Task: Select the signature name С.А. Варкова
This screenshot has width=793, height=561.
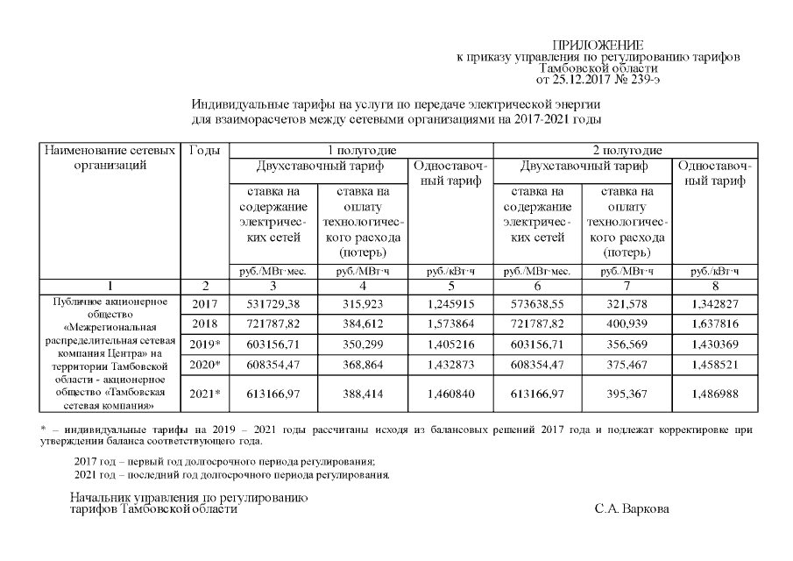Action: (629, 509)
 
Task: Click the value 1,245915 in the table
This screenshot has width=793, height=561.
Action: (450, 304)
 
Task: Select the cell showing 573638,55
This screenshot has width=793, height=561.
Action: (537, 304)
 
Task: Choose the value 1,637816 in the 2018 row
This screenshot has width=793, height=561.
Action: (714, 323)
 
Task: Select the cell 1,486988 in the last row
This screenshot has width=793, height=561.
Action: (714, 394)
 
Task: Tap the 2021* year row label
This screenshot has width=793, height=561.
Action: (204, 394)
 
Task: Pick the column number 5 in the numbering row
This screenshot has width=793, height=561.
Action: (450, 286)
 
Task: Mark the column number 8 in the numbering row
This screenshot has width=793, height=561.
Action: (714, 286)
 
